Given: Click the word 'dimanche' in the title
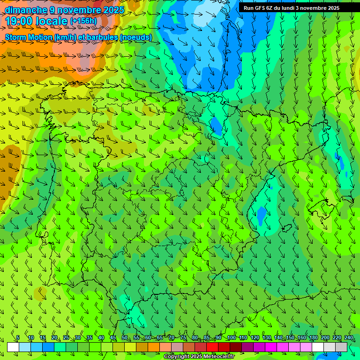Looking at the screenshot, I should tap(26, 10).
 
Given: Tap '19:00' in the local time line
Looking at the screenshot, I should tap(20, 22).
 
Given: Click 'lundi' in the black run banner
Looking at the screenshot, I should tap(294, 8).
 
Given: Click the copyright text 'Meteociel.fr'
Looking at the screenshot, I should tap(206, 357).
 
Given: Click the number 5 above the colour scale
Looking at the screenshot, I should tap(18, 337).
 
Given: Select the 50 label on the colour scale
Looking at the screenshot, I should tap(124, 337).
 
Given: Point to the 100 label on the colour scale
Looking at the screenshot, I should tap(231, 337).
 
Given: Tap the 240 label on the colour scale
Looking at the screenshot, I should tap(349, 337).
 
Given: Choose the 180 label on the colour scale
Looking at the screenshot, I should tap(314, 337).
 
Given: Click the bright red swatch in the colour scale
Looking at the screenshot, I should tap(212, 347).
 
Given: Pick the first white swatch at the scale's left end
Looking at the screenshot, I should tap(13, 347).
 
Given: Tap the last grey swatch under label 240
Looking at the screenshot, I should tap(341, 347).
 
